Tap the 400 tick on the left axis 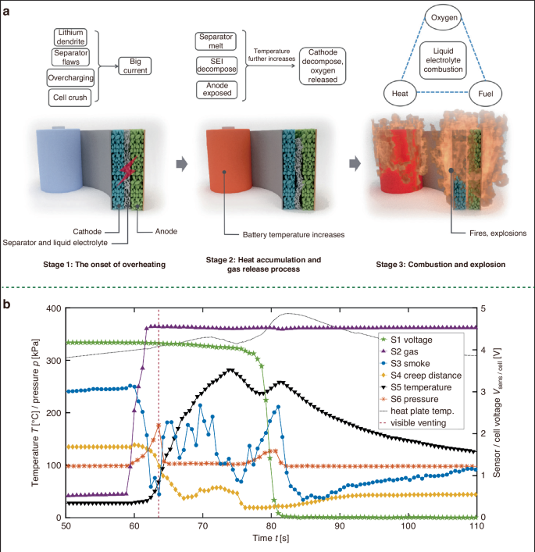point(53,308)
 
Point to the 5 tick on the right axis point(486,308)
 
